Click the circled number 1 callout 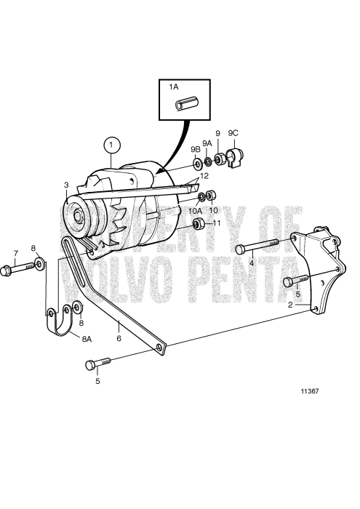pyautogui.click(x=111, y=145)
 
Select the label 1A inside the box pyautogui.click(x=174, y=87)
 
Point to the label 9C pyautogui.click(x=233, y=133)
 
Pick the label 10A pyautogui.click(x=196, y=211)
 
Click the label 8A pyautogui.click(x=87, y=339)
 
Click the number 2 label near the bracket pyautogui.click(x=289, y=305)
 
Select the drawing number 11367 pyautogui.click(x=311, y=391)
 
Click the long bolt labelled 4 pyautogui.click(x=257, y=247)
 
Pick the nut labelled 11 pyautogui.click(x=196, y=222)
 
